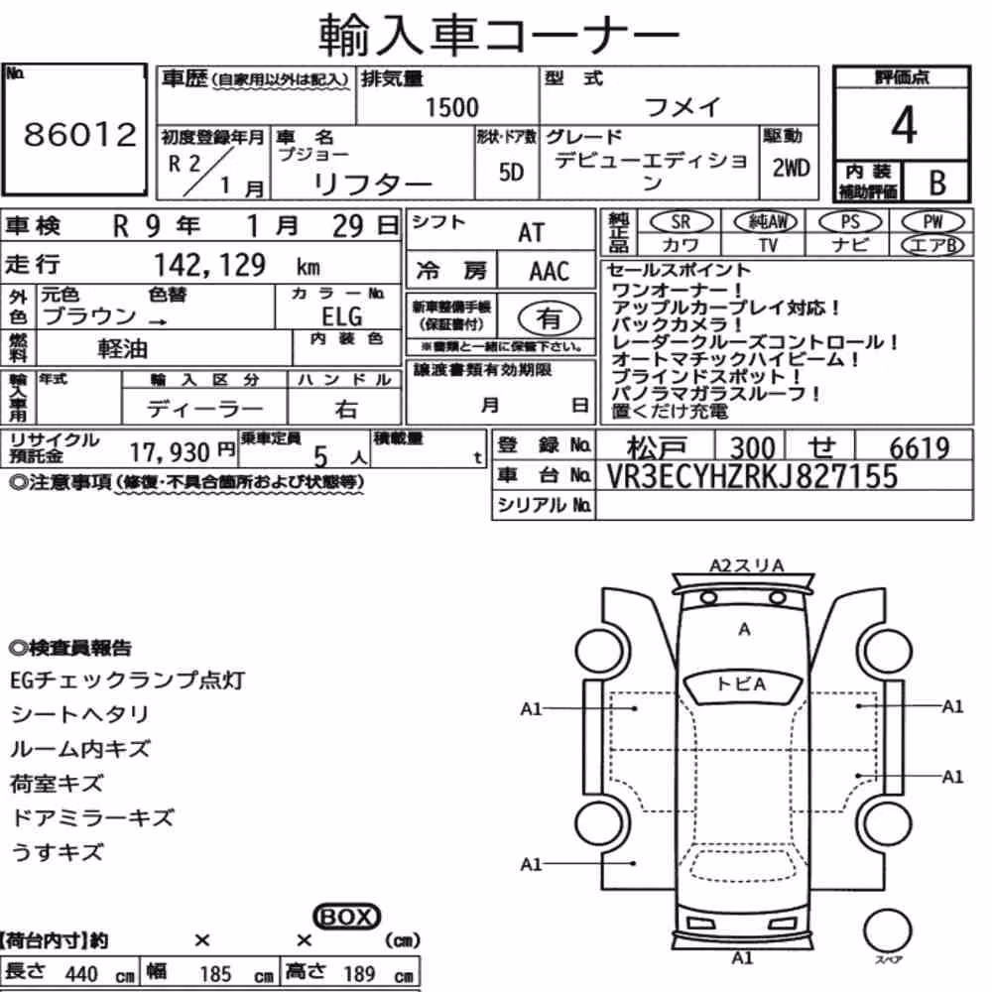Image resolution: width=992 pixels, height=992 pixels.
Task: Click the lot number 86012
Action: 79,134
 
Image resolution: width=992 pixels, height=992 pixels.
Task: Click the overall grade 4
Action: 903,125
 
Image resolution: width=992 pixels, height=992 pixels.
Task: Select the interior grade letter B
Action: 937,183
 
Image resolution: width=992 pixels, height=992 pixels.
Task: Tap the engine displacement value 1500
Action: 451,107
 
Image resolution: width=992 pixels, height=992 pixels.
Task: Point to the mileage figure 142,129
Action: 210,265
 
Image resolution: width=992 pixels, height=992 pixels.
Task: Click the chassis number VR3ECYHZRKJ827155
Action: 752,476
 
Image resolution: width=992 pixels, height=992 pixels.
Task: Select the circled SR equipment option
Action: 681,222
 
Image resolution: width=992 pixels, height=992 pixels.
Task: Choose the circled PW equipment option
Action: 932,222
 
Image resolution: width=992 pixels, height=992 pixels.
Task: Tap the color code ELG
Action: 341,316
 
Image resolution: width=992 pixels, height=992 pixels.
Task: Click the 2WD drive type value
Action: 791,169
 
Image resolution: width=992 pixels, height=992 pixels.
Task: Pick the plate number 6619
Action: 920,448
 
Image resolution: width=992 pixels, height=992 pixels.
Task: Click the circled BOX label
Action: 346,917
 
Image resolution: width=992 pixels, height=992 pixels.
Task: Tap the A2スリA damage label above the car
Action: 747,565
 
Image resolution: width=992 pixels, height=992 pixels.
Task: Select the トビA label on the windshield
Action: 741,683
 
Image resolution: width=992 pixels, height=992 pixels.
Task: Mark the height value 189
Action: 359,973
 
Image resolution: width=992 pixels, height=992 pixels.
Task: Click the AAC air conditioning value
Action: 549,272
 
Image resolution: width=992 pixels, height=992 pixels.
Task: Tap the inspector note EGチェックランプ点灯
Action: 127,681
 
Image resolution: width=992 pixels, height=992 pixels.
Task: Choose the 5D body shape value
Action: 511,172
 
